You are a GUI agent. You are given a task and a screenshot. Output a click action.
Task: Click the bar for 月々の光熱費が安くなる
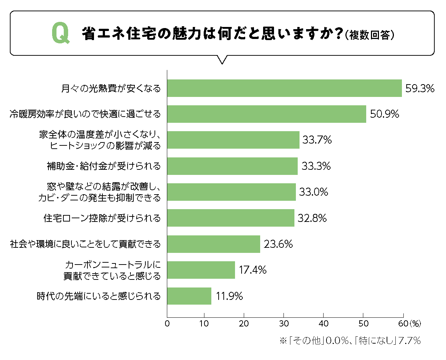pos(284,88)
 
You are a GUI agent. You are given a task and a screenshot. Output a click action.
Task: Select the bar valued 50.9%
pos(266,114)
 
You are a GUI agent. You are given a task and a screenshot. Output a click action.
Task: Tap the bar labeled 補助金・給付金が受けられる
pos(232,166)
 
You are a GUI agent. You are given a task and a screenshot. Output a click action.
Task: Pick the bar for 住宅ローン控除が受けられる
pos(231,218)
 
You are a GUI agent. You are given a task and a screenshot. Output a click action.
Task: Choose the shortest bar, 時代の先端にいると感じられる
pos(189,296)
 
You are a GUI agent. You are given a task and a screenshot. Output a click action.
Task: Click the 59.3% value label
pos(420,89)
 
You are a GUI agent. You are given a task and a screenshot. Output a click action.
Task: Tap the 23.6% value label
pos(278,244)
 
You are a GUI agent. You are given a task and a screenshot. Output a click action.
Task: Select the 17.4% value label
pos(253,270)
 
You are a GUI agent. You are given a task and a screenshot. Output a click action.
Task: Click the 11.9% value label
pos(229,296)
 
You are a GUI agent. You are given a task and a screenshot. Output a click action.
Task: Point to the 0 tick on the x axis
pos(167,324)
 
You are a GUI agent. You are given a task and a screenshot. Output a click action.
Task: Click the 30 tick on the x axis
pos(283,324)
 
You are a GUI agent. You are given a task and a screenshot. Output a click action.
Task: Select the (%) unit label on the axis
pos(415,323)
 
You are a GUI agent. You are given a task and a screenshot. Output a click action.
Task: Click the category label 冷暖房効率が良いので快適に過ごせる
pos(85,114)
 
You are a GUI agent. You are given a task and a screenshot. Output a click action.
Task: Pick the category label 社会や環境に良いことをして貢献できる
pos(85,244)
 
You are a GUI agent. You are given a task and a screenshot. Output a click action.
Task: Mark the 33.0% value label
pos(313,192)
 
